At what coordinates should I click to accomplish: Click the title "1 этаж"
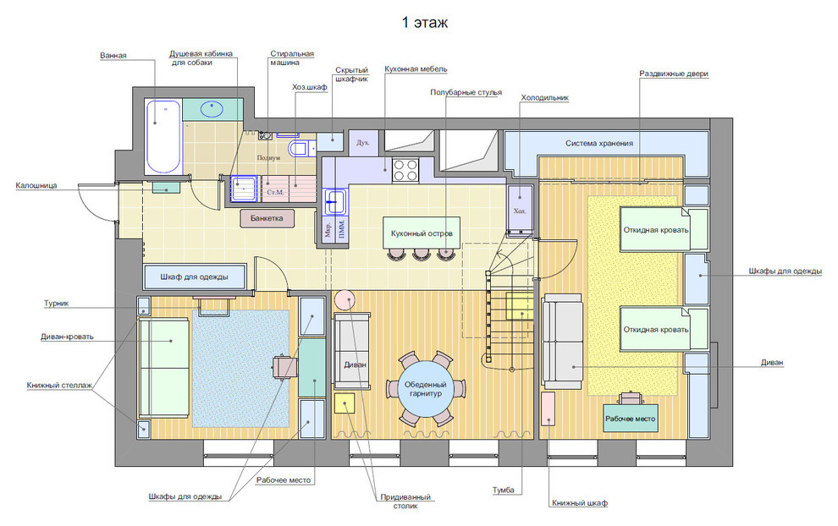pyautogui.click(x=425, y=23)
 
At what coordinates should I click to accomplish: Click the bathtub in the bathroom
pyautogui.click(x=163, y=137)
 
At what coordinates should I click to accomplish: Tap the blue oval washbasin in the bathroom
pyautogui.click(x=212, y=109)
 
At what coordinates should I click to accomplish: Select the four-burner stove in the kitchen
pyautogui.click(x=405, y=170)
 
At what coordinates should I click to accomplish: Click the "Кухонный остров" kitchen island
pyautogui.click(x=422, y=233)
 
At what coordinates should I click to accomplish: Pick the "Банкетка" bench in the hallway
pyautogui.click(x=267, y=218)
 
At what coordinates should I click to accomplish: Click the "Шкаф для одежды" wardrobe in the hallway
pyautogui.click(x=195, y=277)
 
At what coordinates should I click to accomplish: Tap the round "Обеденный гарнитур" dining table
pyautogui.click(x=426, y=389)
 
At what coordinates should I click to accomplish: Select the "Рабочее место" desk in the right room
pyautogui.click(x=630, y=419)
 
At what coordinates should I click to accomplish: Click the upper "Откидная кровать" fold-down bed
pyautogui.click(x=655, y=230)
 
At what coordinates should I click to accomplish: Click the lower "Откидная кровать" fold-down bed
pyautogui.click(x=655, y=329)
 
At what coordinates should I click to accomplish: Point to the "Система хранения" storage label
pyautogui.click(x=599, y=143)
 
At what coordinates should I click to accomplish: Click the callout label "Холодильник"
pyautogui.click(x=544, y=98)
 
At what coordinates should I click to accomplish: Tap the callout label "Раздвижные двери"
pyautogui.click(x=674, y=74)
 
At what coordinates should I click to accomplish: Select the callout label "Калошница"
pyautogui.click(x=36, y=185)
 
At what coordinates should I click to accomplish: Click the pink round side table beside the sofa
pyautogui.click(x=345, y=300)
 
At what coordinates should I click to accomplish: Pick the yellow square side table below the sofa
pyautogui.click(x=345, y=403)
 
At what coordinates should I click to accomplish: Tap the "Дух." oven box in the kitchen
pyautogui.click(x=363, y=143)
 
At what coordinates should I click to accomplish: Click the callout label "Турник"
pyautogui.click(x=56, y=304)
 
